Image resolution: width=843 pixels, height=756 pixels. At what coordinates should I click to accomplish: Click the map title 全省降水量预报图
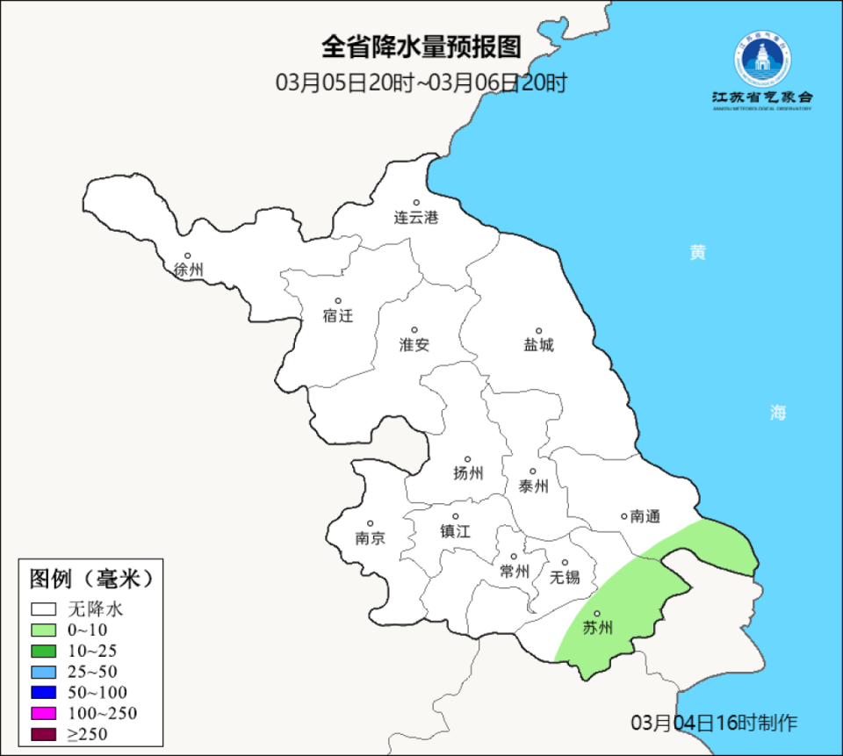coord(421,46)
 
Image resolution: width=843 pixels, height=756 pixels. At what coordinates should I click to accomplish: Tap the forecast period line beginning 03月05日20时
coord(421,83)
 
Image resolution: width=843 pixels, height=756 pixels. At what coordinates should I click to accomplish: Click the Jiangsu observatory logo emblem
coord(762,59)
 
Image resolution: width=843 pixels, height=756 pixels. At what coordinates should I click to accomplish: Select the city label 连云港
coord(415,218)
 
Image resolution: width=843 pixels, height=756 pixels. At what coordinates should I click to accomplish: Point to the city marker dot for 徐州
coord(187,256)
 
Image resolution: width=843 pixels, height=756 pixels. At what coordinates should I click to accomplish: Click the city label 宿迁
coord(337,316)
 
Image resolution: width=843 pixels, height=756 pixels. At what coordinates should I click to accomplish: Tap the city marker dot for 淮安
coord(414,330)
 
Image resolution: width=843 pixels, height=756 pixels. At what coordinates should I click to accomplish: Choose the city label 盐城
coord(539,345)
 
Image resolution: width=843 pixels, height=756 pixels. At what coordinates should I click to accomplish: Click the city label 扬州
coord(468,474)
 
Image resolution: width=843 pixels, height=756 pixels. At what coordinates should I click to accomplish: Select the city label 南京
coord(370,538)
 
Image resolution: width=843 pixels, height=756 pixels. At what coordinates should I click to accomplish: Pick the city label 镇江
coord(455,531)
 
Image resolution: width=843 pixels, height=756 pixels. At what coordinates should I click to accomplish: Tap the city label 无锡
coord(565,577)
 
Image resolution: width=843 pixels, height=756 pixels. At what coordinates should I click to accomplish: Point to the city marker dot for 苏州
coord(597,614)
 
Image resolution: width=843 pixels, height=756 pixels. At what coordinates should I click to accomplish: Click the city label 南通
coord(645,516)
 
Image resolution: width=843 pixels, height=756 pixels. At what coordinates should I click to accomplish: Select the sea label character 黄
coord(697,253)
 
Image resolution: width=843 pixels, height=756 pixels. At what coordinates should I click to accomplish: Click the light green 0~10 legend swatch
coord(43,629)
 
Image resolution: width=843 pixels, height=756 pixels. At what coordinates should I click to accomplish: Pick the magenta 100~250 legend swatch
coord(43,712)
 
